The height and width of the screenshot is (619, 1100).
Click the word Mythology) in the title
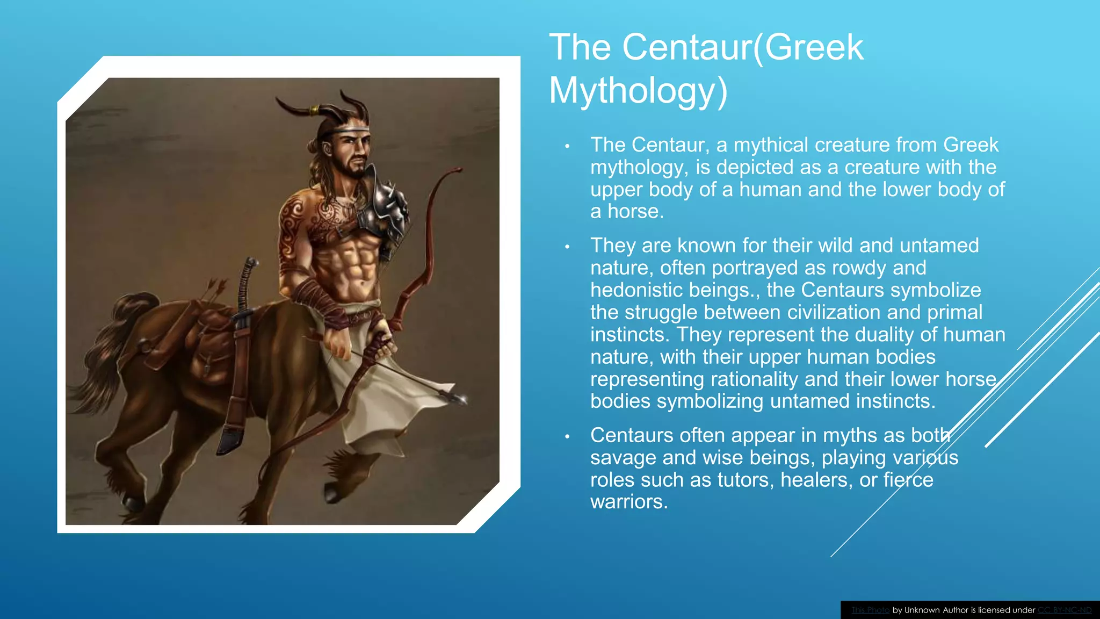[638, 91]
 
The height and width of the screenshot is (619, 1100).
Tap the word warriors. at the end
[629, 502]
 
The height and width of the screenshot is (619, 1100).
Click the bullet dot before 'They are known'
[567, 247]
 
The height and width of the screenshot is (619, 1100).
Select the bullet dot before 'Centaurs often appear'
[567, 436]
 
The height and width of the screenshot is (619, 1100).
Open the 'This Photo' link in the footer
[870, 610]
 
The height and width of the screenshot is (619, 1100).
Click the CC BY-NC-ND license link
[1065, 610]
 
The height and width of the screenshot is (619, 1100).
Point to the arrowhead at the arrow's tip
[459, 398]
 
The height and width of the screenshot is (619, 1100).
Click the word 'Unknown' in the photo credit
[923, 610]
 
